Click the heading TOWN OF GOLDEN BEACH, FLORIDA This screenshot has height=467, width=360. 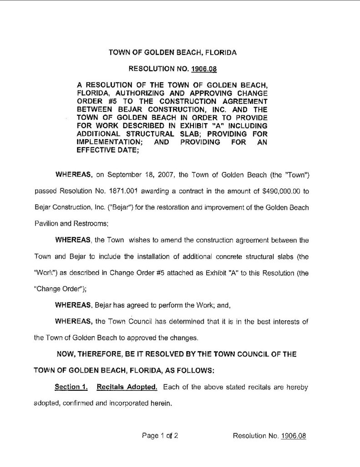[172, 53]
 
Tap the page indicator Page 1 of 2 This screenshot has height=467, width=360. [159, 435]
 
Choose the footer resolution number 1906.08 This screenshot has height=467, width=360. [294, 435]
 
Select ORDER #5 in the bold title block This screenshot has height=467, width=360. [91, 101]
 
